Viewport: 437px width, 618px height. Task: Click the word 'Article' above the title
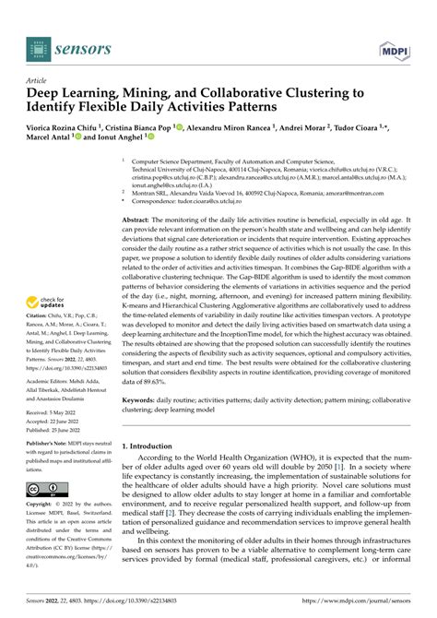[38, 80]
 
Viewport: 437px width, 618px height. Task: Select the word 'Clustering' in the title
[298, 93]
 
